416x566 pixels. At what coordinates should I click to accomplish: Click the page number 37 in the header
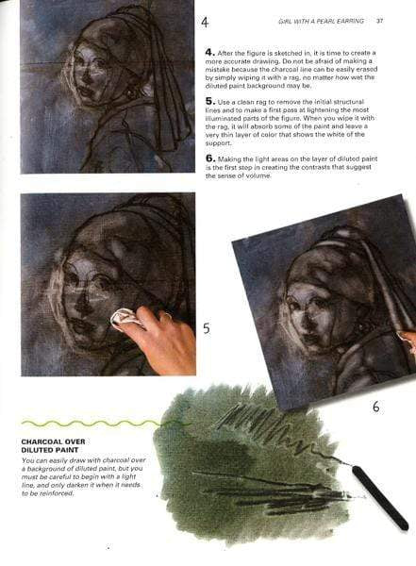pos(379,20)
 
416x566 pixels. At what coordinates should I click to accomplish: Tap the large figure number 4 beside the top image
pos(205,21)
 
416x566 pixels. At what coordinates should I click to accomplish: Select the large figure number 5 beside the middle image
pos(206,328)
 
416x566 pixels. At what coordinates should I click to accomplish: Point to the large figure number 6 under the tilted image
pos(375,407)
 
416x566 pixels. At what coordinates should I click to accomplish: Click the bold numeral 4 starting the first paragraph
pos(208,54)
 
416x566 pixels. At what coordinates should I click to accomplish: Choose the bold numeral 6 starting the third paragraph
pos(208,159)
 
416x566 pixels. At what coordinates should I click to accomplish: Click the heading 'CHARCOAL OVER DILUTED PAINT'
pos(57,444)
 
